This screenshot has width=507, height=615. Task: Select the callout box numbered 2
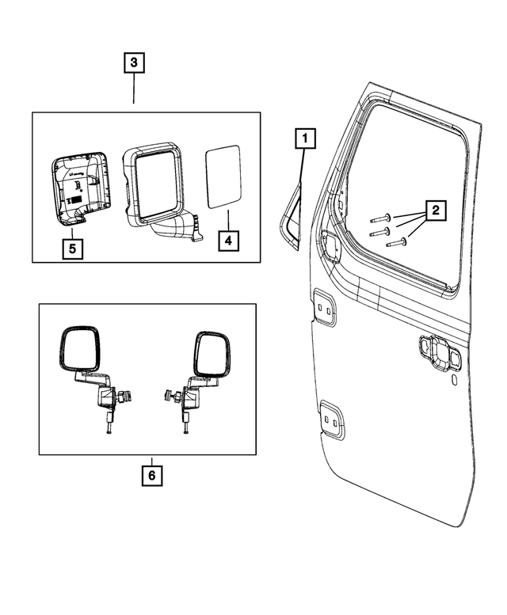434,211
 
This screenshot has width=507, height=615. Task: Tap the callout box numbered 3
134,62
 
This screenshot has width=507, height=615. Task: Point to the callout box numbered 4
227,241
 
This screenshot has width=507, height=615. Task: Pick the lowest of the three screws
395,243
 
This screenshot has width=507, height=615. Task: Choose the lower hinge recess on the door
333,419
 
